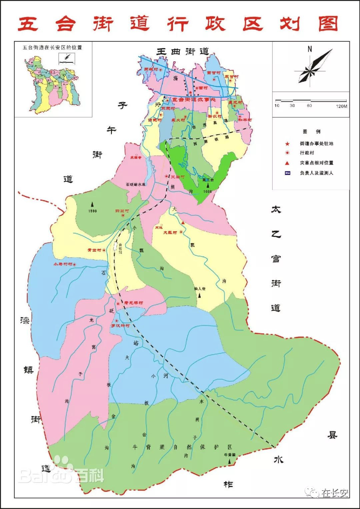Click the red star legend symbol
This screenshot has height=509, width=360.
click(x=287, y=144)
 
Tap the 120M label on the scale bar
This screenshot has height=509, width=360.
click(x=341, y=106)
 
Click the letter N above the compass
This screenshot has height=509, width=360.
click(x=310, y=49)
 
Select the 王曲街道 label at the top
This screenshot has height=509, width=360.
click(x=183, y=51)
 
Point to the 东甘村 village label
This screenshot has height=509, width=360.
click(x=231, y=77)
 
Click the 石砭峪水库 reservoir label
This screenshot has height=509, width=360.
click(x=136, y=184)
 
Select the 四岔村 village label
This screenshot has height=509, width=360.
click(x=122, y=211)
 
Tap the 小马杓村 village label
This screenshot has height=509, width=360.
click(x=63, y=264)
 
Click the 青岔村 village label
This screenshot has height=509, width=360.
click(x=94, y=250)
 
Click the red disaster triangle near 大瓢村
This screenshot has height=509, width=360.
click(x=183, y=222)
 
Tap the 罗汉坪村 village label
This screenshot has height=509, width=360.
click(x=120, y=325)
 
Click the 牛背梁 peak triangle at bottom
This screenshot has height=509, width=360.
click(x=230, y=461)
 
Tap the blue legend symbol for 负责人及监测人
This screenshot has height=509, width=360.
click(x=287, y=173)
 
